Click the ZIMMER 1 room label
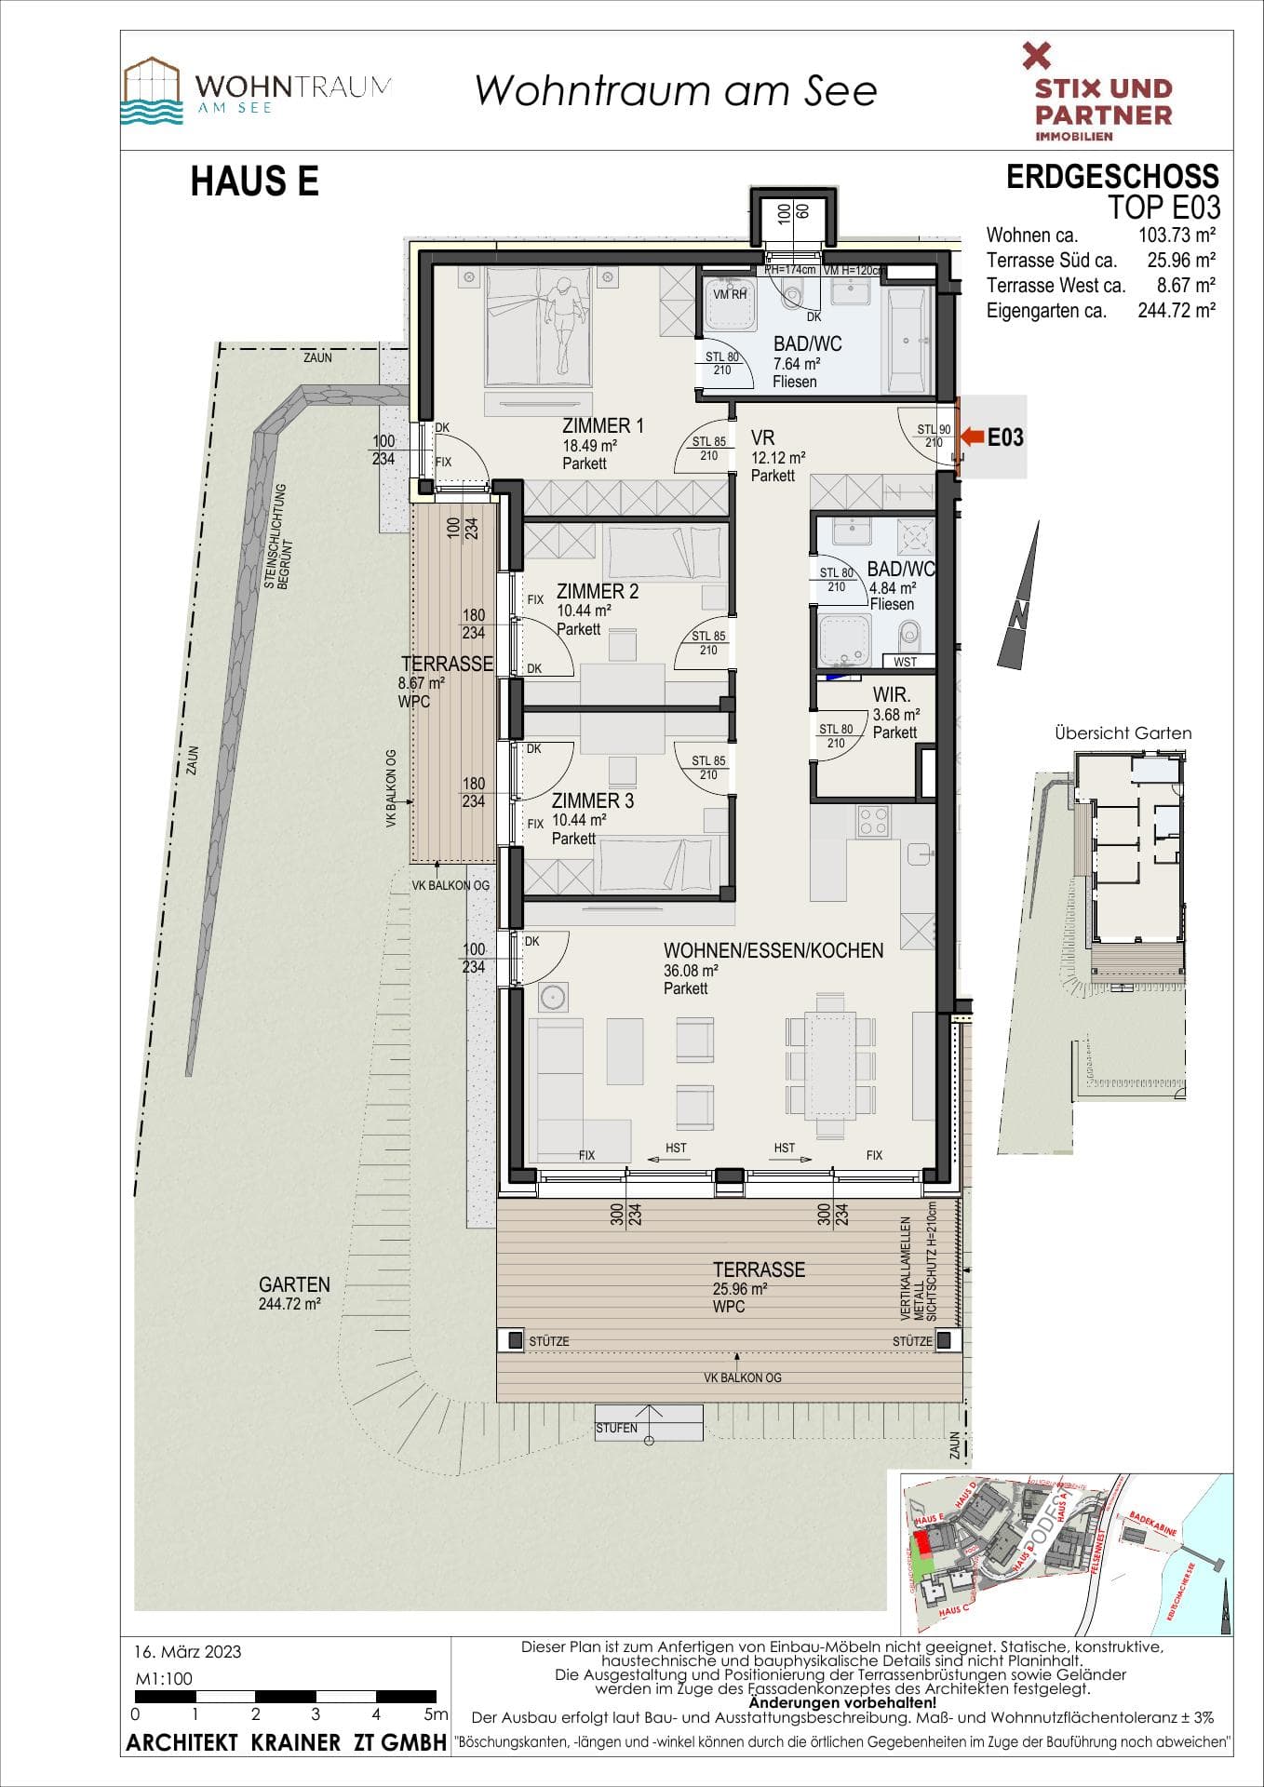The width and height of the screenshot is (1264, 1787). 602,426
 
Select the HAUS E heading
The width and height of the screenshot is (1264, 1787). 254,181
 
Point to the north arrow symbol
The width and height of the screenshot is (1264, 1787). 1022,597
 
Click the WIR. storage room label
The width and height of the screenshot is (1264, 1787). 891,695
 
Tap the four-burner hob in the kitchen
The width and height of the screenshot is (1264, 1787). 873,821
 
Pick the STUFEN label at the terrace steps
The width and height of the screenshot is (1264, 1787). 616,1428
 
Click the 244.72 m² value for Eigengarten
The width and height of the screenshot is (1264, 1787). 1177,311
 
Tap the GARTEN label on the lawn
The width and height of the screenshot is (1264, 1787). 294,1284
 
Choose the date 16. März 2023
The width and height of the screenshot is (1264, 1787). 187,1652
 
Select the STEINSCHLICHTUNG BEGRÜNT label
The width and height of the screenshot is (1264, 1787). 276,535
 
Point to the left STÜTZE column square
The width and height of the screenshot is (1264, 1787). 516,1340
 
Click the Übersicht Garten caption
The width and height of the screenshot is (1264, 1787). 1123,733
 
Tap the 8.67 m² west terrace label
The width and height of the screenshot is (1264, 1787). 421,682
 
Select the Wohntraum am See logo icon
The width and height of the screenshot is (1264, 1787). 153,91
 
